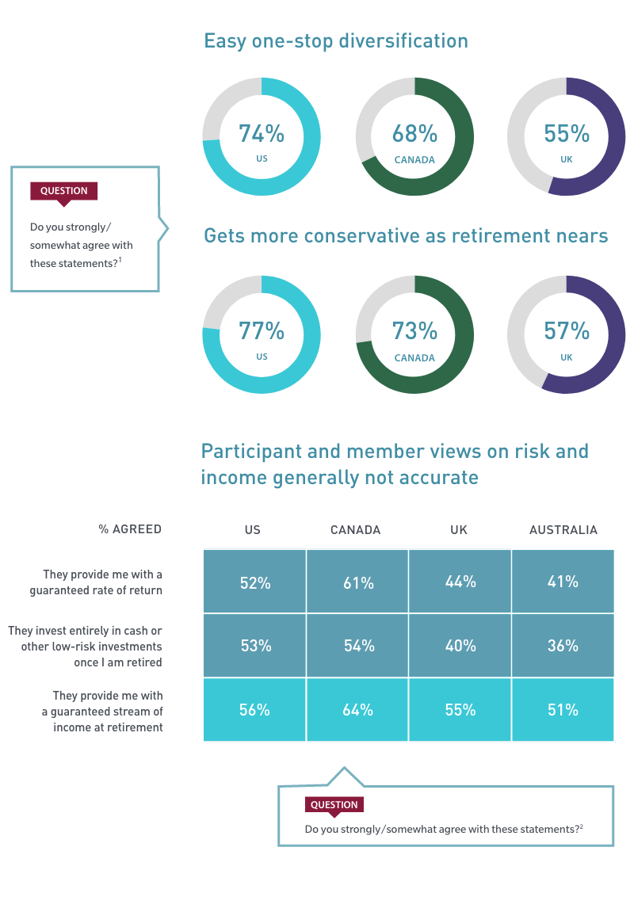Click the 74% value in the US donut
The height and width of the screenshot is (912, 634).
[262, 134]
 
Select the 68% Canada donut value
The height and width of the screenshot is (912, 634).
[414, 134]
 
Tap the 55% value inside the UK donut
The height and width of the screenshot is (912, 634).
[566, 134]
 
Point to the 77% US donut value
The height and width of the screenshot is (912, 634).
[262, 330]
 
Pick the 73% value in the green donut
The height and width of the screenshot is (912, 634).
[414, 330]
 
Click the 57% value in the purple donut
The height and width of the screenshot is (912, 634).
[566, 330]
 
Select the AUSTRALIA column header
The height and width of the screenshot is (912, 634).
[563, 530]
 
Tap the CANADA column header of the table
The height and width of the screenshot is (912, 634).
[355, 530]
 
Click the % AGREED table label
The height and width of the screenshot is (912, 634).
[130, 529]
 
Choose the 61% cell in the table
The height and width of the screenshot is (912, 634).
[358, 583]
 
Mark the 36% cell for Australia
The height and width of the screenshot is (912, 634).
[563, 646]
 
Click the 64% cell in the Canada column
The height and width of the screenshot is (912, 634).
[358, 710]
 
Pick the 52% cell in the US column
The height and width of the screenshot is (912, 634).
[255, 583]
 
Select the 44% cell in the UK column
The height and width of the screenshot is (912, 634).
[460, 582]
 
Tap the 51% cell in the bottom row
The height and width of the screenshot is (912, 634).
[563, 710]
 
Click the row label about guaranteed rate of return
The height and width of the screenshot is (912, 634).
[96, 582]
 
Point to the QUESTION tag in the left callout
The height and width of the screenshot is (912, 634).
[63, 191]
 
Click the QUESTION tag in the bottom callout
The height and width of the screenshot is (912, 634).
[334, 805]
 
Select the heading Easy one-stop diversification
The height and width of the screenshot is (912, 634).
[336, 41]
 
